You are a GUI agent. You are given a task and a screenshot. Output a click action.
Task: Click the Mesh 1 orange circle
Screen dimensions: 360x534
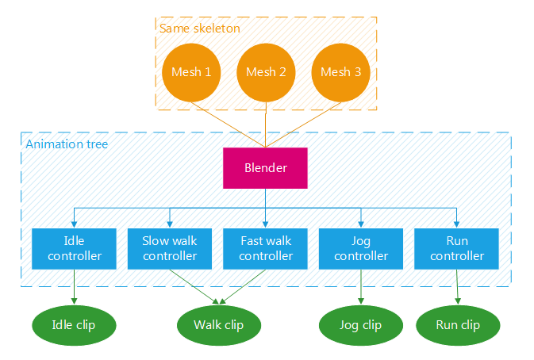191,72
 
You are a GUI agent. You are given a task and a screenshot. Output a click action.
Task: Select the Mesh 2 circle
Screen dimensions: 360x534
266,72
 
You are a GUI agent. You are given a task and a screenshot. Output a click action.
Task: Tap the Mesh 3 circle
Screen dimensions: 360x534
340,72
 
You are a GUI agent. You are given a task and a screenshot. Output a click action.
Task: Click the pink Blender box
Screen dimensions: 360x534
266,168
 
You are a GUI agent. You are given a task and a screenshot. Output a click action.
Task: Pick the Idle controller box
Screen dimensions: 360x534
75,248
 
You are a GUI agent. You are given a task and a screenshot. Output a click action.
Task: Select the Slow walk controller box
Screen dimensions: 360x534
170,248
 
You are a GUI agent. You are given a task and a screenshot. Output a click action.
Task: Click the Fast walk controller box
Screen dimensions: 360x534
266,248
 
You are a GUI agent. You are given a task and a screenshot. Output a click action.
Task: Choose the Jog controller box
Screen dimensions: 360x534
361,248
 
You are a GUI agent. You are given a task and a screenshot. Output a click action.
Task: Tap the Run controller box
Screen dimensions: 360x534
457,248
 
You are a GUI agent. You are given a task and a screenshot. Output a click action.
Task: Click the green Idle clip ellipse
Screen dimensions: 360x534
74,325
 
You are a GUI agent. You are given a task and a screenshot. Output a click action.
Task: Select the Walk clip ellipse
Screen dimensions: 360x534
218,325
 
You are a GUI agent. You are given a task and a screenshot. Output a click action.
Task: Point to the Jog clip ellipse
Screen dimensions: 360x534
361,325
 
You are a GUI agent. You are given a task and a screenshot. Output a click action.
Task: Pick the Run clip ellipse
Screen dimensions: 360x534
458,325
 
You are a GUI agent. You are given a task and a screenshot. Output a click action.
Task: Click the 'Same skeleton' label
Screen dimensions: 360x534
200,29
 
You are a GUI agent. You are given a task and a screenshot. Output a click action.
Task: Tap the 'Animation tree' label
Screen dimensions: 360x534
67,144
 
